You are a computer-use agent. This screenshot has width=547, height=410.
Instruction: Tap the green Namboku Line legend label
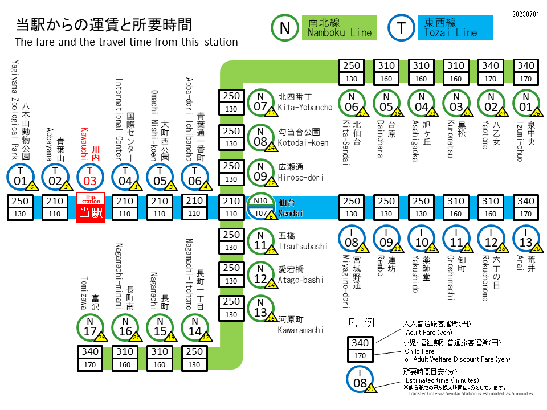point(340,27)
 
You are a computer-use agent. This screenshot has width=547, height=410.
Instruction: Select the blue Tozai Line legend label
point(457,27)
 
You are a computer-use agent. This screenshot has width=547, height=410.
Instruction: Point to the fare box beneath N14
point(195,358)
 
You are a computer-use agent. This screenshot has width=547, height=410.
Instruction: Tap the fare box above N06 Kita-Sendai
point(352,72)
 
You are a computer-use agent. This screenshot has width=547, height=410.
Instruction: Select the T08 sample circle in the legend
point(360,379)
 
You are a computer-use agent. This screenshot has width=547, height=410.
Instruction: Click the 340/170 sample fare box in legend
point(360,349)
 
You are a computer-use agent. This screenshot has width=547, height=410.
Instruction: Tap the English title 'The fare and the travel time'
point(126,42)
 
